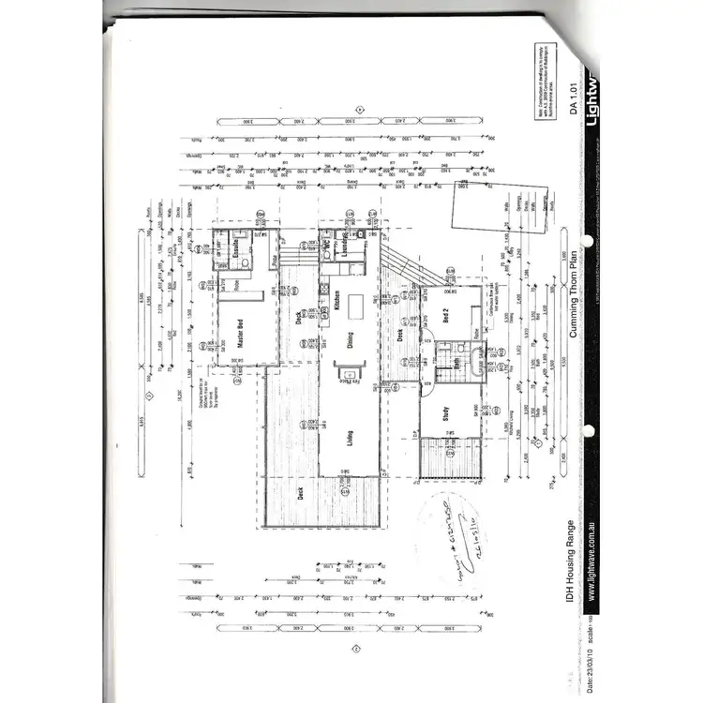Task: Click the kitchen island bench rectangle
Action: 357,307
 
